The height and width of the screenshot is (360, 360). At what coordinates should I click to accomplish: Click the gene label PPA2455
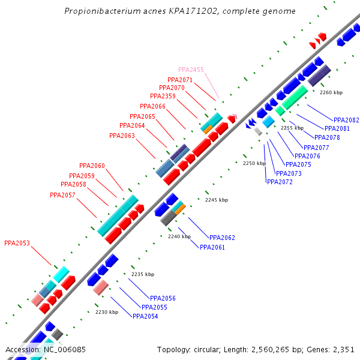(x=191, y=70)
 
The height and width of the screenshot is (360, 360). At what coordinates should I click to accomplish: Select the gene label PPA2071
(x=180, y=80)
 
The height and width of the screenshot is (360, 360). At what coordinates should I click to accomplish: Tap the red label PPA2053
(x=17, y=244)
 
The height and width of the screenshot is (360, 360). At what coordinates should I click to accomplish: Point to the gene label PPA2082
(x=346, y=120)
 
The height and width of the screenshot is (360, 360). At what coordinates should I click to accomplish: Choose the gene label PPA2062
(x=222, y=238)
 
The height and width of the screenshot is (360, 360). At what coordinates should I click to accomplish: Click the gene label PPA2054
(x=145, y=316)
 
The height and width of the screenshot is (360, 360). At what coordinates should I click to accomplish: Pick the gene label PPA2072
(x=280, y=182)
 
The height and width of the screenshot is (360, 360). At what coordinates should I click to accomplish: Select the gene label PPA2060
(x=92, y=166)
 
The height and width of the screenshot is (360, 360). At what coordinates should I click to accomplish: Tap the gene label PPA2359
(x=163, y=96)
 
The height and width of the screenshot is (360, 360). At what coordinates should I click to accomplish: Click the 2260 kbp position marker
(x=331, y=92)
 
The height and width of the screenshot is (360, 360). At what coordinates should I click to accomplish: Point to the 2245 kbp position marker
(x=217, y=200)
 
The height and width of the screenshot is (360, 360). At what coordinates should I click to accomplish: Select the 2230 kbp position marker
(x=107, y=312)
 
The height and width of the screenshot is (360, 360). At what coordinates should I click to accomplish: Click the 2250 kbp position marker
(x=254, y=163)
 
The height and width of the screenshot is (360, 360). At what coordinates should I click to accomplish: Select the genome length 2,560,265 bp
(x=274, y=349)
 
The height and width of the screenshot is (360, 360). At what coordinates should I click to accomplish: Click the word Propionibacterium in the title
(x=103, y=11)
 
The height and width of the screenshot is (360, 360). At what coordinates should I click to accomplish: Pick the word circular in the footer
(x=209, y=349)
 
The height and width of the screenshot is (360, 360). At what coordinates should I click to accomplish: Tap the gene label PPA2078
(x=327, y=137)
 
